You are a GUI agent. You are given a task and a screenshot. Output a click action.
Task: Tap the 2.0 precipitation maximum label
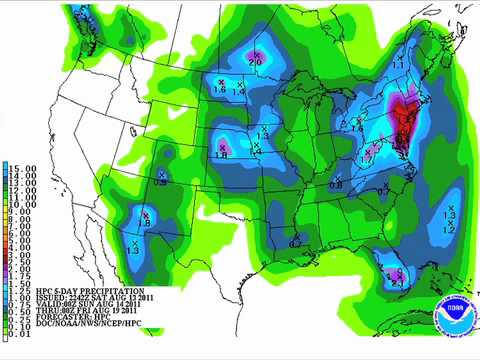[256, 61]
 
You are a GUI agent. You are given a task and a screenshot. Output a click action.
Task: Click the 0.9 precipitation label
[160, 182]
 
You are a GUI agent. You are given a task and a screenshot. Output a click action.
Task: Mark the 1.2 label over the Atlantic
[449, 230]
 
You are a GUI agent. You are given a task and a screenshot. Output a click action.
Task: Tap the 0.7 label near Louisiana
[296, 243]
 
